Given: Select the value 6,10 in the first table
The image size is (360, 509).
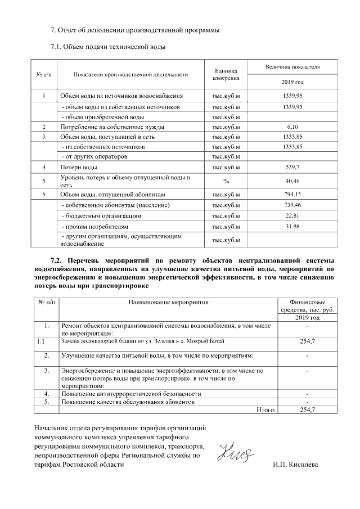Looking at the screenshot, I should point(292,127).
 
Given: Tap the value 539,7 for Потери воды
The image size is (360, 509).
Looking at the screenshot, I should point(292,167).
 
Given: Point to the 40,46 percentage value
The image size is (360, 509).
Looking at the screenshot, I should point(292,181).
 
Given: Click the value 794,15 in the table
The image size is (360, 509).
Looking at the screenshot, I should point(292,195).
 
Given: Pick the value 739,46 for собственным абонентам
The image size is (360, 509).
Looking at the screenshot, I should point(292,205).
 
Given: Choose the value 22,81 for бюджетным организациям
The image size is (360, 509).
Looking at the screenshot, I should point(292,215).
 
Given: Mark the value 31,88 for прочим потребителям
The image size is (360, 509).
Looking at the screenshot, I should point(292,226).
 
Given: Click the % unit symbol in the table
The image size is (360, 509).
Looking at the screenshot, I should point(226,181).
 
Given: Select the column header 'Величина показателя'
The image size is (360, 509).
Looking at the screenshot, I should point(292,67).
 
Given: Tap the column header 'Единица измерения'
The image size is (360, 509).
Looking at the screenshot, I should point(226,74).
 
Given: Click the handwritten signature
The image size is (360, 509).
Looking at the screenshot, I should point(235,451).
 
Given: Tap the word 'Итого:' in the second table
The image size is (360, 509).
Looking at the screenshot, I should point(265,410).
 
